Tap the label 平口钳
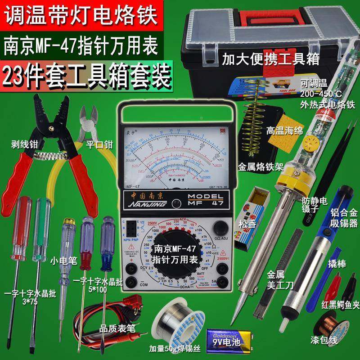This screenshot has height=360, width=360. click(98, 145)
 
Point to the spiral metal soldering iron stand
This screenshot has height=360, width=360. click(254, 121)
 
